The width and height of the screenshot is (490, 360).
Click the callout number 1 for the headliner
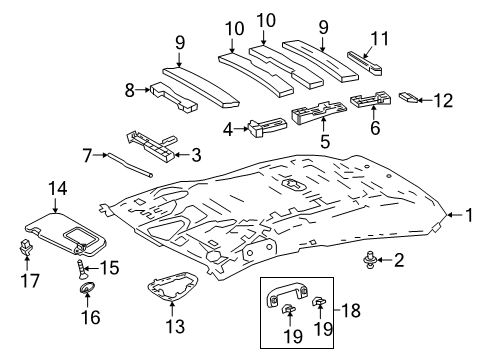point(466,214)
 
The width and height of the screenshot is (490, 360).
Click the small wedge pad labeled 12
point(407,98)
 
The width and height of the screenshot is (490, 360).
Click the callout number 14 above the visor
point(56,186)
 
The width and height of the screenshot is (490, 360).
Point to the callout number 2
point(399,261)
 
